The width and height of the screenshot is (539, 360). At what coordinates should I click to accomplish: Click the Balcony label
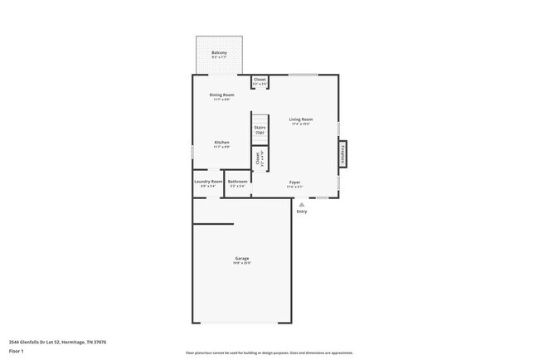[x=220, y=53]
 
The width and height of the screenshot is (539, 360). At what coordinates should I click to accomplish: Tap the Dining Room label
[x=221, y=95]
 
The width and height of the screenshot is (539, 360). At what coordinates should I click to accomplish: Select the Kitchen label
[x=221, y=143]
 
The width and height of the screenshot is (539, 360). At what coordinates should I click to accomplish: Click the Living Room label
[x=300, y=119]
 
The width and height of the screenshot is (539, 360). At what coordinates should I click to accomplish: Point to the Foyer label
[x=294, y=182]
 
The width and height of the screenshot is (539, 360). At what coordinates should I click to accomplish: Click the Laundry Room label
[x=208, y=182]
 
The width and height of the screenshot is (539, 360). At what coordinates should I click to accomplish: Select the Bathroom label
[x=238, y=182]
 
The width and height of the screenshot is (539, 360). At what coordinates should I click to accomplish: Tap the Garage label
[x=241, y=259]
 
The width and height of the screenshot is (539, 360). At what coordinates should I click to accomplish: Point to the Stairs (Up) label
[x=260, y=129]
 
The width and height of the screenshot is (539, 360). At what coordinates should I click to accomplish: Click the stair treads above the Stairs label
[x=260, y=117]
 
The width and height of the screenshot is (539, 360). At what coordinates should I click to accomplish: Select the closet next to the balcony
[x=260, y=81]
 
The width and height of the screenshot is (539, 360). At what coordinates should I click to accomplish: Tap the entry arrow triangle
[x=302, y=203]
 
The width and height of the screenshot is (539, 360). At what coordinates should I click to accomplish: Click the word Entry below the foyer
[x=302, y=212]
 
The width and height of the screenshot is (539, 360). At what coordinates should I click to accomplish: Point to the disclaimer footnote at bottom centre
[x=269, y=353]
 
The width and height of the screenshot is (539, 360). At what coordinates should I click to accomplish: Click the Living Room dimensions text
[x=300, y=124]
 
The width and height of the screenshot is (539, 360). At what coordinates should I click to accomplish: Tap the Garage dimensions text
[x=241, y=264]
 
